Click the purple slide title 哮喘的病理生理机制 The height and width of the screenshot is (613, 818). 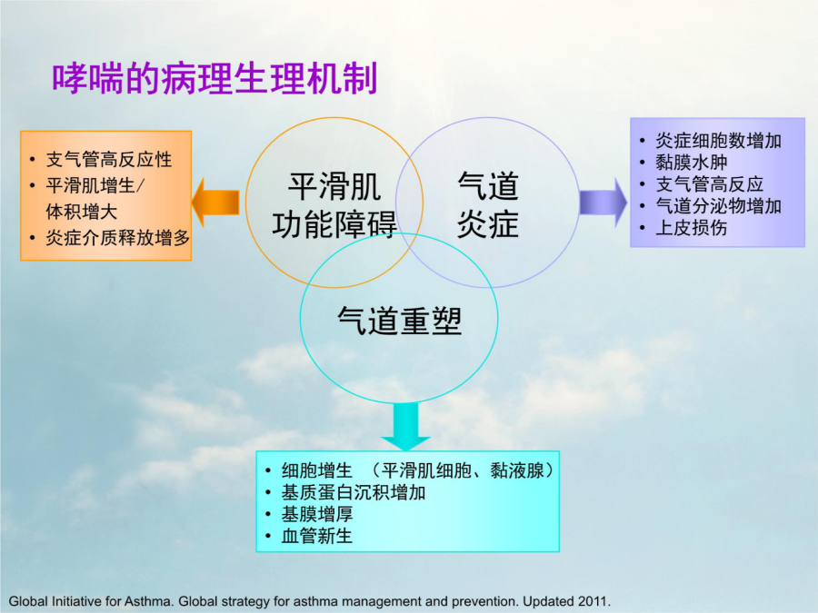pos(214,79)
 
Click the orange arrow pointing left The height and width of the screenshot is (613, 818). pos(215,203)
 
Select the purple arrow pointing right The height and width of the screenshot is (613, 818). pos(604,203)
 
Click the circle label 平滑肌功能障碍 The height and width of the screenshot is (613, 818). pos(334,205)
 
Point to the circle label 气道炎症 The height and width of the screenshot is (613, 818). pos(488,205)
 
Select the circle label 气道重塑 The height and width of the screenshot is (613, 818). pos(399,320)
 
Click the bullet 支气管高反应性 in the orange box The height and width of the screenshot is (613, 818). pos(108,160)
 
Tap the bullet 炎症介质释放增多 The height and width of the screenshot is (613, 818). pos(117,238)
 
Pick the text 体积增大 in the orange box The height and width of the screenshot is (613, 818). pos(82,212)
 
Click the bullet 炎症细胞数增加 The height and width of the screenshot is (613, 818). pos(718,140)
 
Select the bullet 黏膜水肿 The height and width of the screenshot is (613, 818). pos(692,163)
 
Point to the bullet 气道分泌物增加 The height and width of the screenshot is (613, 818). pos(718,206)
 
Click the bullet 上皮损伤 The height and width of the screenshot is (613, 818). pos(692,228)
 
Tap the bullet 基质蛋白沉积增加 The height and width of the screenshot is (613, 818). pos(354,492)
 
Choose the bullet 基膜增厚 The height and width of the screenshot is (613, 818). pos(317,515)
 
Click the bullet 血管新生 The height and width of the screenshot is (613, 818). pos(317,536)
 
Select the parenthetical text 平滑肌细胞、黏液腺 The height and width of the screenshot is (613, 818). pos(463,470)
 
